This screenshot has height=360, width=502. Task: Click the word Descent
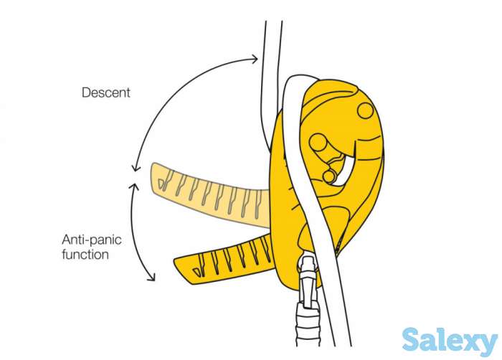point(106,93)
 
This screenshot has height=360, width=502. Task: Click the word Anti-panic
point(89,240)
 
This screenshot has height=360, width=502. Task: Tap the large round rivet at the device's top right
point(366,110)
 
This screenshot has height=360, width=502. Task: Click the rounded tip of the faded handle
point(156,179)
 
